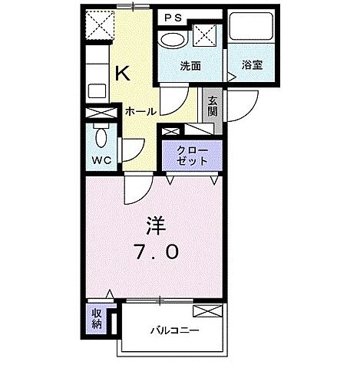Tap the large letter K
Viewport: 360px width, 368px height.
122,73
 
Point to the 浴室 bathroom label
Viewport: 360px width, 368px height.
253,66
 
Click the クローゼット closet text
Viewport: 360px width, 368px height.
191,156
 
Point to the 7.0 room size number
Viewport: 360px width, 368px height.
158,251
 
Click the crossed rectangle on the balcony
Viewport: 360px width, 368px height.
206,311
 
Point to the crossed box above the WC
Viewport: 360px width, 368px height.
101,113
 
